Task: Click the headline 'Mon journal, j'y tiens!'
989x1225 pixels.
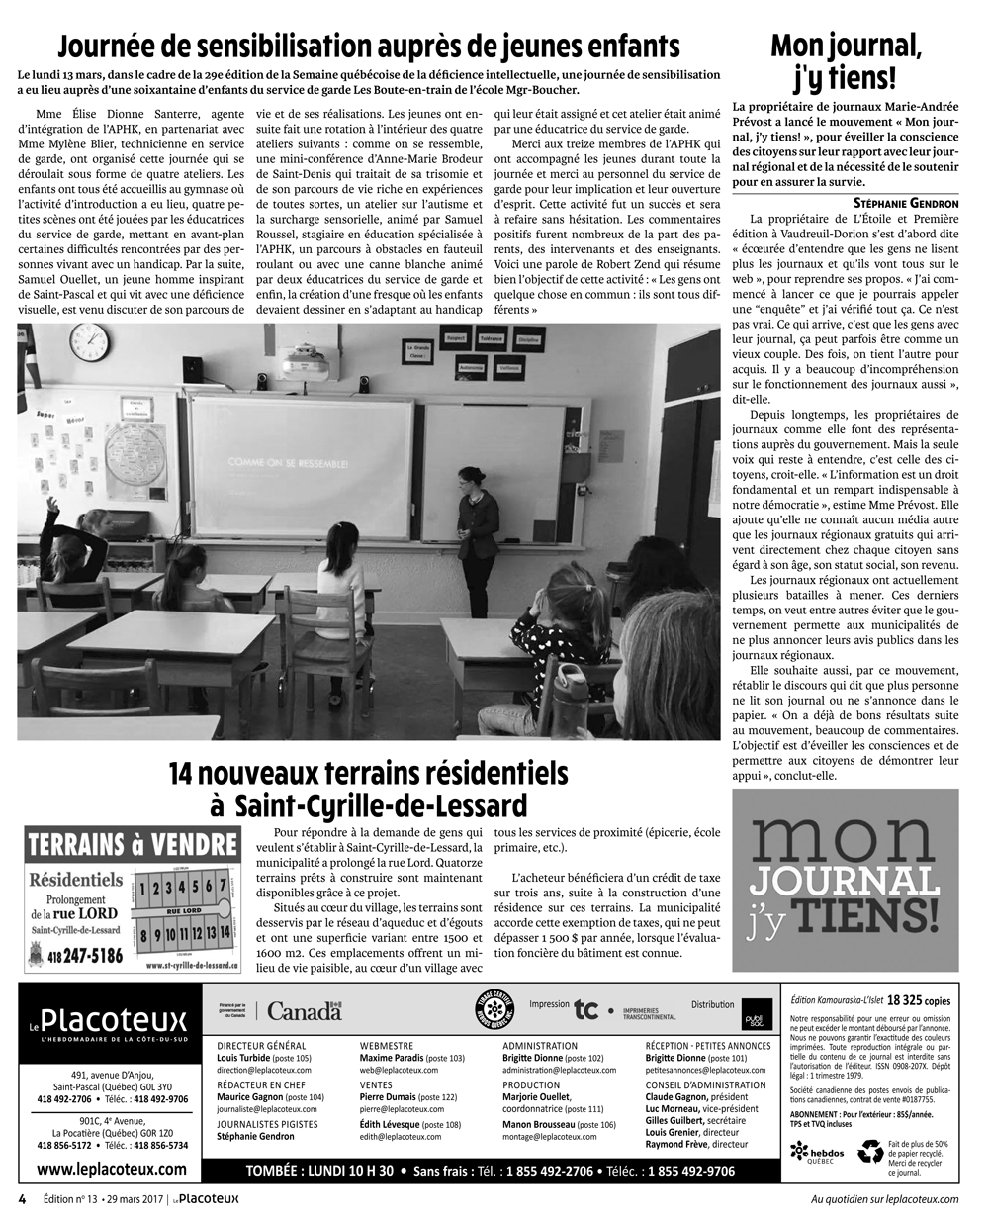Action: [x=846, y=60]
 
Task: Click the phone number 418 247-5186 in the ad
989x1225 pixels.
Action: [x=82, y=956]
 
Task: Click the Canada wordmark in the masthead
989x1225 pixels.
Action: [x=304, y=1011]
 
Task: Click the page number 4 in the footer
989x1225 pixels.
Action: [x=21, y=1198]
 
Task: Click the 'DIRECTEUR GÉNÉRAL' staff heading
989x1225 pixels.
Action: [x=261, y=1046]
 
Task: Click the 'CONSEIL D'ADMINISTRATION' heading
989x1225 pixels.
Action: [x=705, y=1085]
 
